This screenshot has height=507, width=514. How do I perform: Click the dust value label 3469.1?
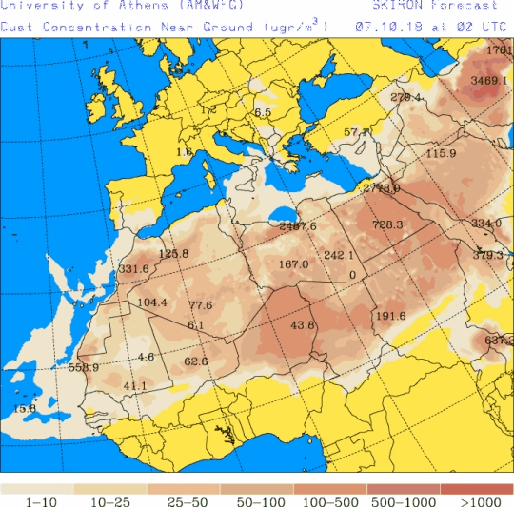tap(488, 81)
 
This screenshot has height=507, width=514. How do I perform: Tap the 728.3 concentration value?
tap(387, 224)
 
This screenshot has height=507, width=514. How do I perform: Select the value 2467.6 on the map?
tap(298, 225)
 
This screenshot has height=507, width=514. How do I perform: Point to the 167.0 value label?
tap(294, 264)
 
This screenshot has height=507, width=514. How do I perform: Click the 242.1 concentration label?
tap(338, 255)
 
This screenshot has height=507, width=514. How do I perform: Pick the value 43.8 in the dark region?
tap(302, 325)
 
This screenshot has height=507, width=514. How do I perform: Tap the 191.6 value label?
tap(390, 317)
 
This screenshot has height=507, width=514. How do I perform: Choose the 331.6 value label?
tap(134, 269)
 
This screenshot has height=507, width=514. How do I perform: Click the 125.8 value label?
tap(174, 253)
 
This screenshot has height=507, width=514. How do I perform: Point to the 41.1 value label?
tap(135, 385)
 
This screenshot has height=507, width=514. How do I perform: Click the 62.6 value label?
tap(196, 361)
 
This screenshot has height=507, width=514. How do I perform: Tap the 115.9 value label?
tap(441, 153)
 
